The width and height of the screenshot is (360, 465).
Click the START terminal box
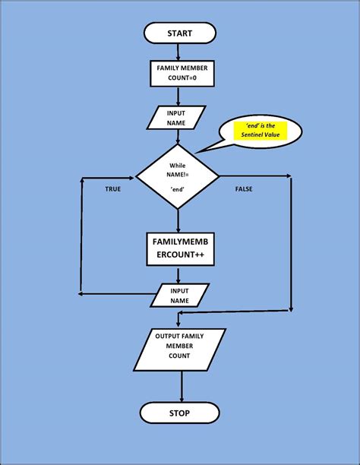[179, 33]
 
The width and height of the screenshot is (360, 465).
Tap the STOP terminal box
[179, 414]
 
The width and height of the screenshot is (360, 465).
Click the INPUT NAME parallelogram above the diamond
[177, 118]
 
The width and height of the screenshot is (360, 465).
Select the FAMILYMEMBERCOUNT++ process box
[180, 249]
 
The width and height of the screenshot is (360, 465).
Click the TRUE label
[113, 188]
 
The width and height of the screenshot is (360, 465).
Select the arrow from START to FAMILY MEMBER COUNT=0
[178, 52]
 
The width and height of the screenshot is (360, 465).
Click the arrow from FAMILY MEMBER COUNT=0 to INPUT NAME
[178, 97]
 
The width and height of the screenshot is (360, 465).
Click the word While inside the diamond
[177, 164]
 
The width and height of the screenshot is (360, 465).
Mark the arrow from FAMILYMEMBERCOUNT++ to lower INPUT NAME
[179, 274]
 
